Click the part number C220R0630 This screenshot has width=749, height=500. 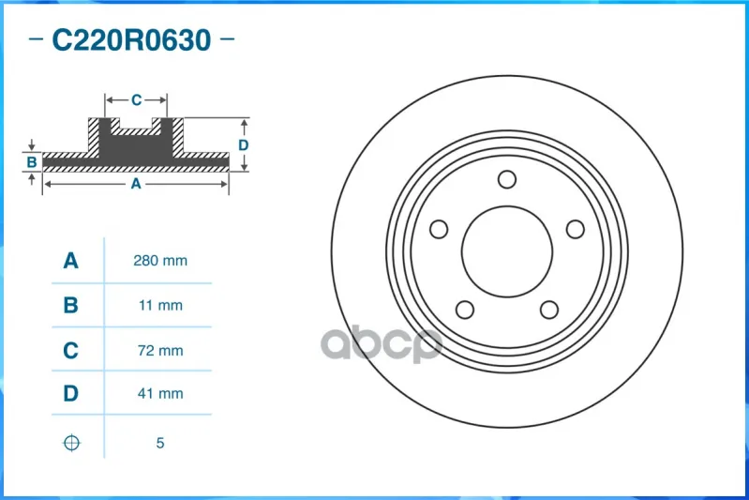pos(131,39)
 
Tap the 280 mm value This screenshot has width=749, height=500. pos(160,261)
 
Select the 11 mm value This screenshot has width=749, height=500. pos(160,305)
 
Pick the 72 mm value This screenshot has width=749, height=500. pos(160,351)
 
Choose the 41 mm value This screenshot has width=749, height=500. pos(160,393)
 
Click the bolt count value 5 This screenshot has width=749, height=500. pos(160,443)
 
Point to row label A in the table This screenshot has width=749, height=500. pos(70,261)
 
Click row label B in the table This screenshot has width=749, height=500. pos(70,305)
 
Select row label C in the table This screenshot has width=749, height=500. pos(70,351)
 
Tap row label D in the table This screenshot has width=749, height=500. pos(70,393)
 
